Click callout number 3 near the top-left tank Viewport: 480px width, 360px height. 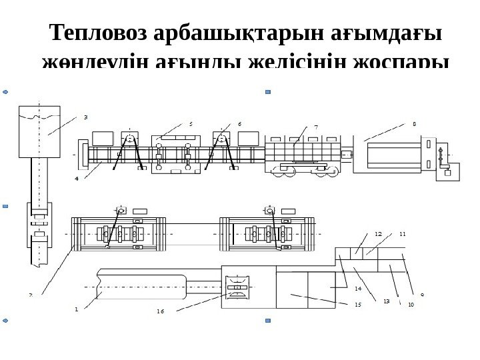click(85, 117)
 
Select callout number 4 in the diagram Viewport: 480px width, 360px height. click(77, 179)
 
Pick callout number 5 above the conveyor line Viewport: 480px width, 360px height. click(191, 123)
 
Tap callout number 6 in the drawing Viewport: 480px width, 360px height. click(239, 123)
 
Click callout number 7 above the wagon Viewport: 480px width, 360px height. click(315, 126)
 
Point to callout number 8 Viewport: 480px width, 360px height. click(414, 123)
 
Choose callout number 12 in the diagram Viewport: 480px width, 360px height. click(378, 234)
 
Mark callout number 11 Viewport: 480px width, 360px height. click(402, 234)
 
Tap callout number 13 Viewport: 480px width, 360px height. click(386, 301)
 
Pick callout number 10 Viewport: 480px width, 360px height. click(411, 304)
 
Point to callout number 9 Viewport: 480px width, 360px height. click(423, 294)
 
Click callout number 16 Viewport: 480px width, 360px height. click(160, 311)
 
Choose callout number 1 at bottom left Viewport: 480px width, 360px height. click(77, 309)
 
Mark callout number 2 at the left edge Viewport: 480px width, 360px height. click(31, 294)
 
